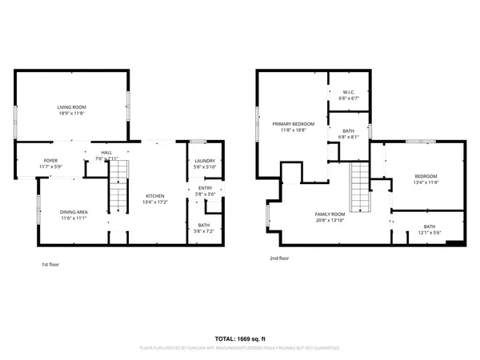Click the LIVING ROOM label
71,106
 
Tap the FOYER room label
50,161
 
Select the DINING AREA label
74,211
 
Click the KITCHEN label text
155,196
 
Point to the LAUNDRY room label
204,161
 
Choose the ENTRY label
205,189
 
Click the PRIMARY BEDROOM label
293,124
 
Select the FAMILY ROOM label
329,214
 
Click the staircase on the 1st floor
118,196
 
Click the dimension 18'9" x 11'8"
71,114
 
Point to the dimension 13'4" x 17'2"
155,203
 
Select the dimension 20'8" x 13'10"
329,221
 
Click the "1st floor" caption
50,264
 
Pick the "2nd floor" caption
279,258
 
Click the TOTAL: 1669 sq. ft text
240,338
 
